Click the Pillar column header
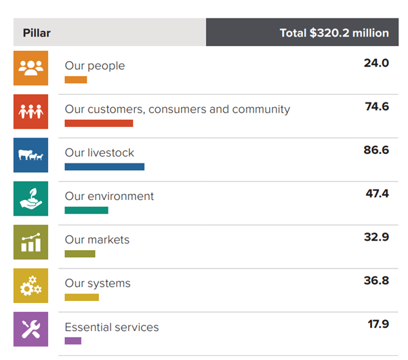coord(37,33)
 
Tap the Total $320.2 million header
coord(334,33)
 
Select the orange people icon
coord(31,68)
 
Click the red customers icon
coord(31,112)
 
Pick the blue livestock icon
coord(31,155)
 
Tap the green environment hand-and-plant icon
coord(31,199)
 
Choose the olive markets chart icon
coord(31,242)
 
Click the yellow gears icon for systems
coord(31,285)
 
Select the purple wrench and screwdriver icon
coord(31,329)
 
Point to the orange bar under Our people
coord(76,80)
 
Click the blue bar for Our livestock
coord(104,167)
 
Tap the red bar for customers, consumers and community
coord(99,123)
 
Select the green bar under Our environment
coord(86,210)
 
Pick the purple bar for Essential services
coord(73,340)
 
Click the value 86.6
coord(376,150)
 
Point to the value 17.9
coord(378,324)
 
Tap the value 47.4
coord(377,194)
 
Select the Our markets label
coord(97,239)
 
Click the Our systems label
coord(98,283)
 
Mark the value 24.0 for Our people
coord(376,63)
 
